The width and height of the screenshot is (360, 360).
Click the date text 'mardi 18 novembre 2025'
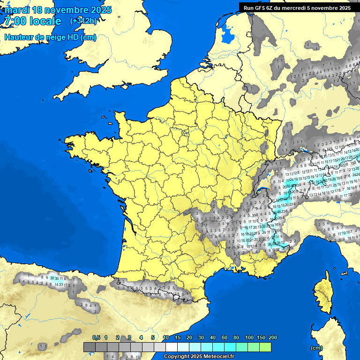coord(58,10)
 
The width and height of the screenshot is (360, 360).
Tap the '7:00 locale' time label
coord(33,21)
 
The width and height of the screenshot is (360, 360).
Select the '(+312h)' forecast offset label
coord(84,21)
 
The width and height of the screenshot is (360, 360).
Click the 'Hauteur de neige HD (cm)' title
coord(51,37)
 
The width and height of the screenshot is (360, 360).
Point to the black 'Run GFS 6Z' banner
coord(297,7)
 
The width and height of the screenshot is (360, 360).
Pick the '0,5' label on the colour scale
coord(96,337)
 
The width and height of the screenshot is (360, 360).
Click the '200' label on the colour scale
coord(272,337)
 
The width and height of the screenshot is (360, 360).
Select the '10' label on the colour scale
coord(166,337)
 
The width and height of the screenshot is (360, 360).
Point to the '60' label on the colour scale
coord(225,337)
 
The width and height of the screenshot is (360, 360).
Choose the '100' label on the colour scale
coord(249,337)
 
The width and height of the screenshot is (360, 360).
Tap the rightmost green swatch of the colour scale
coord(265,347)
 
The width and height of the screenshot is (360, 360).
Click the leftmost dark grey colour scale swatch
coord(89,347)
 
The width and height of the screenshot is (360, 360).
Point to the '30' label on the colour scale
coord(201,337)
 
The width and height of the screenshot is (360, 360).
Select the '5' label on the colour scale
coord(153,337)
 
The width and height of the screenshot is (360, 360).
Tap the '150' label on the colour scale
coord(261,337)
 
